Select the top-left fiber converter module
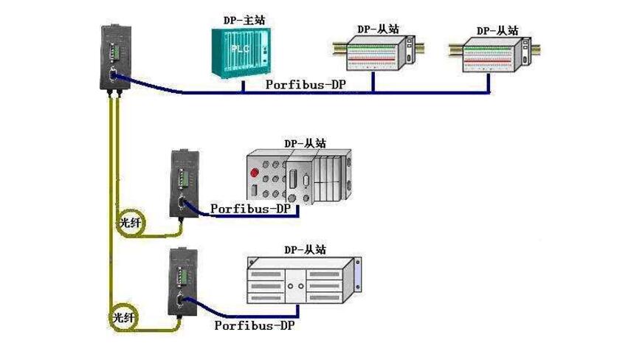[113, 58]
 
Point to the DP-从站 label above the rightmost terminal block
[497, 30]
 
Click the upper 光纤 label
[129, 222]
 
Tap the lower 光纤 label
[124, 316]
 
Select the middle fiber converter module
[182, 183]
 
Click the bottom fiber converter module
[182, 281]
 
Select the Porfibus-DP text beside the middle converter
[250, 208]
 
